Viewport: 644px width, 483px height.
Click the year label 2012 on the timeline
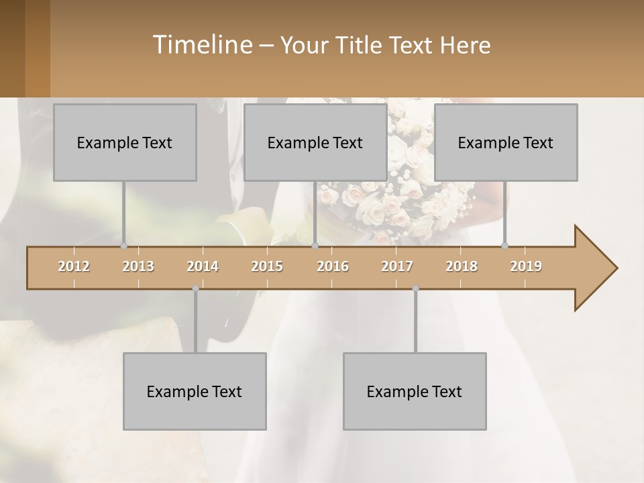pyautogui.click(x=74, y=266)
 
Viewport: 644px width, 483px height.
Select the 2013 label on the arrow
pyautogui.click(x=138, y=266)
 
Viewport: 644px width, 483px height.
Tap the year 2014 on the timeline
pyautogui.click(x=203, y=266)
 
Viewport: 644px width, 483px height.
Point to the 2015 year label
pyautogui.click(x=267, y=266)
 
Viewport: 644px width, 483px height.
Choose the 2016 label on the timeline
pyautogui.click(x=333, y=266)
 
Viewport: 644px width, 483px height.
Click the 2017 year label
pyautogui.click(x=397, y=266)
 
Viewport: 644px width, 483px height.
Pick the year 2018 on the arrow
pyautogui.click(x=462, y=266)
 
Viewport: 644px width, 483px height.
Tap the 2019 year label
pyautogui.click(x=526, y=266)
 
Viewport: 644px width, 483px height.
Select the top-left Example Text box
pyautogui.click(x=125, y=142)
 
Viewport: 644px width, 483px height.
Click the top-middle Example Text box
pyautogui.click(x=315, y=142)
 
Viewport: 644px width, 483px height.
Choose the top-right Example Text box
pyautogui.click(x=506, y=142)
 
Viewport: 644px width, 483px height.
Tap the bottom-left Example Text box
pyautogui.click(x=195, y=391)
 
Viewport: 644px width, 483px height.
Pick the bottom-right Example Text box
pyautogui.click(x=415, y=391)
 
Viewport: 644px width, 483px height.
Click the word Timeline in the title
pyautogui.click(x=201, y=45)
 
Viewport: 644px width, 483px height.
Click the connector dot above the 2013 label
pyautogui.click(x=123, y=246)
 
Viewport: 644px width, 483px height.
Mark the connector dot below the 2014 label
pyautogui.click(x=195, y=288)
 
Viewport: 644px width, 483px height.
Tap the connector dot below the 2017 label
pyautogui.click(x=415, y=288)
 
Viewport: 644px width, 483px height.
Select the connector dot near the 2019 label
pyautogui.click(x=504, y=246)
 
